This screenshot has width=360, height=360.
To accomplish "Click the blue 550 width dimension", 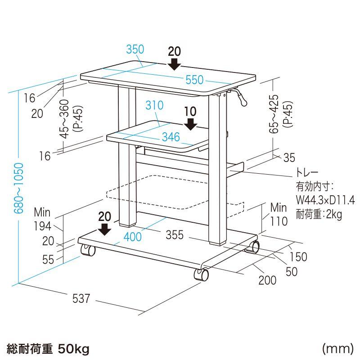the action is [194, 80].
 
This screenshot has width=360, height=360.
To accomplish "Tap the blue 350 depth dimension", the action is [135, 49].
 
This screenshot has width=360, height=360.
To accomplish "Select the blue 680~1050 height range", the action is [19, 188].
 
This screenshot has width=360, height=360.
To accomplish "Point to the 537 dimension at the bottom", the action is [81, 298].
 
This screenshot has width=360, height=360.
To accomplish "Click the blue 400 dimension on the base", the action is [132, 237].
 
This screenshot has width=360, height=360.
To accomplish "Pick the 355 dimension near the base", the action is [175, 234].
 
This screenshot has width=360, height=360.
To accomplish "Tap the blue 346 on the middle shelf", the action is [171, 137].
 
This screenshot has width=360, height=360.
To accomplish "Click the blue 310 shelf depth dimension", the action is [154, 105].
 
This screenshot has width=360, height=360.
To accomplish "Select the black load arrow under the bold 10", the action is [190, 124].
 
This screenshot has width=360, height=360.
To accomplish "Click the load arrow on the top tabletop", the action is [175, 64].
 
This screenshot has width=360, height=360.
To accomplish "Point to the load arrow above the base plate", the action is [105, 229].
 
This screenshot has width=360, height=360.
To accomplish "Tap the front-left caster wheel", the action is [88, 250].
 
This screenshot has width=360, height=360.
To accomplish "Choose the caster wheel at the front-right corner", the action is [201, 274].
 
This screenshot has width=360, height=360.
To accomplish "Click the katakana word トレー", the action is [307, 172].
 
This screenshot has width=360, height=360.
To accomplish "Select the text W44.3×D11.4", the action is [325, 200].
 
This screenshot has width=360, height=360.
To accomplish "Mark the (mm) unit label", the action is [338, 348].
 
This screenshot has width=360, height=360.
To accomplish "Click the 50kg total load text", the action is [73, 349].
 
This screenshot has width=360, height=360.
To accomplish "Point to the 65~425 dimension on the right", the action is [274, 114].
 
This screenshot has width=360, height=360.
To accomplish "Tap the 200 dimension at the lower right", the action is [267, 280].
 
